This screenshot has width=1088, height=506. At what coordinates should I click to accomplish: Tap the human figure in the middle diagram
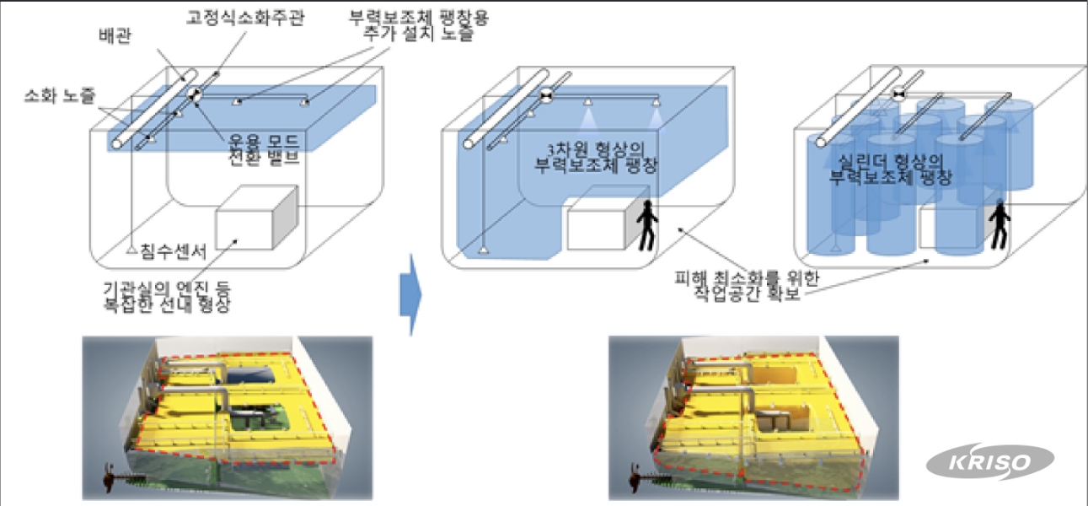tap(646, 225)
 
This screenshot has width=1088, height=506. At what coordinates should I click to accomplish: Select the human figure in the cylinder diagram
tap(1000, 223)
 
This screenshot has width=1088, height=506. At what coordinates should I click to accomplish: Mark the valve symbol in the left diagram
tap(195, 95)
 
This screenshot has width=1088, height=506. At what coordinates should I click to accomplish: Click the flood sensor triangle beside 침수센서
tap(131, 250)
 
